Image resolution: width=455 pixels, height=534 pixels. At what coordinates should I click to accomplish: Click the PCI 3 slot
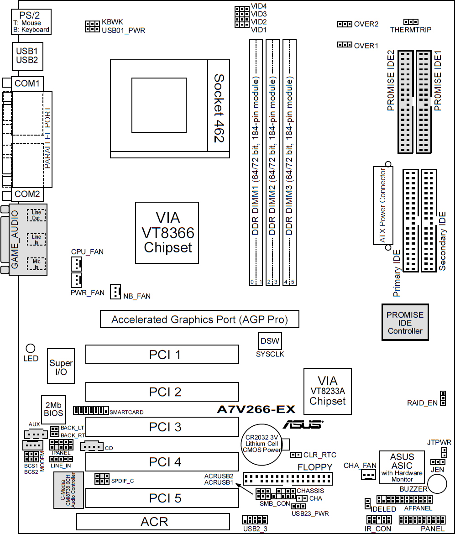pos(162,427)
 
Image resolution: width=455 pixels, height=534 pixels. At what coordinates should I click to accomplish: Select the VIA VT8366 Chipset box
pos(167,232)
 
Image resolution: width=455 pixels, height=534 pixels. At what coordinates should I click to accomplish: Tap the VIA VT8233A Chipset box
pos(327,392)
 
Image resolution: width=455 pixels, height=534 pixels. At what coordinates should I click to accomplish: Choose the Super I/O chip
pos(61,367)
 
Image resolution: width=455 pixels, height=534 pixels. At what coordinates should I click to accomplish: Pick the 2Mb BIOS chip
pos(53,408)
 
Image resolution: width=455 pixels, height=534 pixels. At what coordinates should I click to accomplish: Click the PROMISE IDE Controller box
pos(405,322)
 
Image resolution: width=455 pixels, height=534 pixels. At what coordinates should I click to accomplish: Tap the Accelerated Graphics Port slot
pos(199,319)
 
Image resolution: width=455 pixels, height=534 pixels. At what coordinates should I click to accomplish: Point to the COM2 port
pos(27,194)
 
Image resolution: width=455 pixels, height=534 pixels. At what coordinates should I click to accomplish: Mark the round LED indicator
pos(31,349)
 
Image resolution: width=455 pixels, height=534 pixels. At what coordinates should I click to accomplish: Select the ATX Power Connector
pos(382,205)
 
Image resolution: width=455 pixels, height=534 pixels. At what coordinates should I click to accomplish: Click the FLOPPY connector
pos(288,478)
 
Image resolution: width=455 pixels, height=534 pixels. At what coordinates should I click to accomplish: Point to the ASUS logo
pos(303,424)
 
